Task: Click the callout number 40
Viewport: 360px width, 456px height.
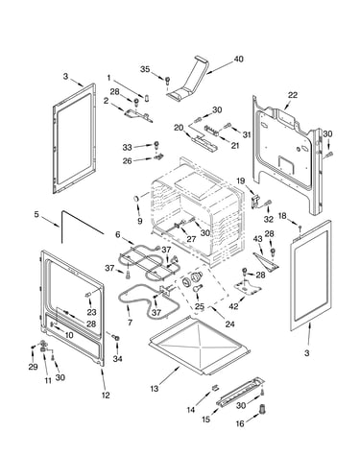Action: tap(238, 60)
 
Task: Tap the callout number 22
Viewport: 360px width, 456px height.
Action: tap(293, 95)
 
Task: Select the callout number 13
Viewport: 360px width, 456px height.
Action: tap(155, 389)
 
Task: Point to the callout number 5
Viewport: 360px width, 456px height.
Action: tap(36, 214)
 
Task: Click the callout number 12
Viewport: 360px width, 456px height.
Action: tap(106, 396)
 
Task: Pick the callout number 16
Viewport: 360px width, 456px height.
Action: tap(240, 423)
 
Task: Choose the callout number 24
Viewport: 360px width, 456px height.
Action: tap(229, 324)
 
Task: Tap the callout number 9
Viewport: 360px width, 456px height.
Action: tap(139, 221)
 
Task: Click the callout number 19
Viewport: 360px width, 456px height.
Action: tap(241, 181)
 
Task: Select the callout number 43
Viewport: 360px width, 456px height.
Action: tap(257, 239)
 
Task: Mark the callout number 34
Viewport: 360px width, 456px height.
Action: tap(117, 359)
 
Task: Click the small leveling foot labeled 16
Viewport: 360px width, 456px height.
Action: tap(263, 409)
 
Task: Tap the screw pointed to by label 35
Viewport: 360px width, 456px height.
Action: tap(167, 80)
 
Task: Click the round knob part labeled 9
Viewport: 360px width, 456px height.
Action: tap(136, 199)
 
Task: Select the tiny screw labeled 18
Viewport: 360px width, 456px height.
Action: tap(300, 228)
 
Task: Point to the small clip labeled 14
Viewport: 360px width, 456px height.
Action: tap(215, 388)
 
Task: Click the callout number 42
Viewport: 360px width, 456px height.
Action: tap(233, 306)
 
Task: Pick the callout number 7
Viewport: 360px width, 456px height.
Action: tap(130, 323)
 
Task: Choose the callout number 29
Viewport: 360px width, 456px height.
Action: tap(33, 367)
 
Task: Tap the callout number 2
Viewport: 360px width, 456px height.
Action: tap(106, 100)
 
